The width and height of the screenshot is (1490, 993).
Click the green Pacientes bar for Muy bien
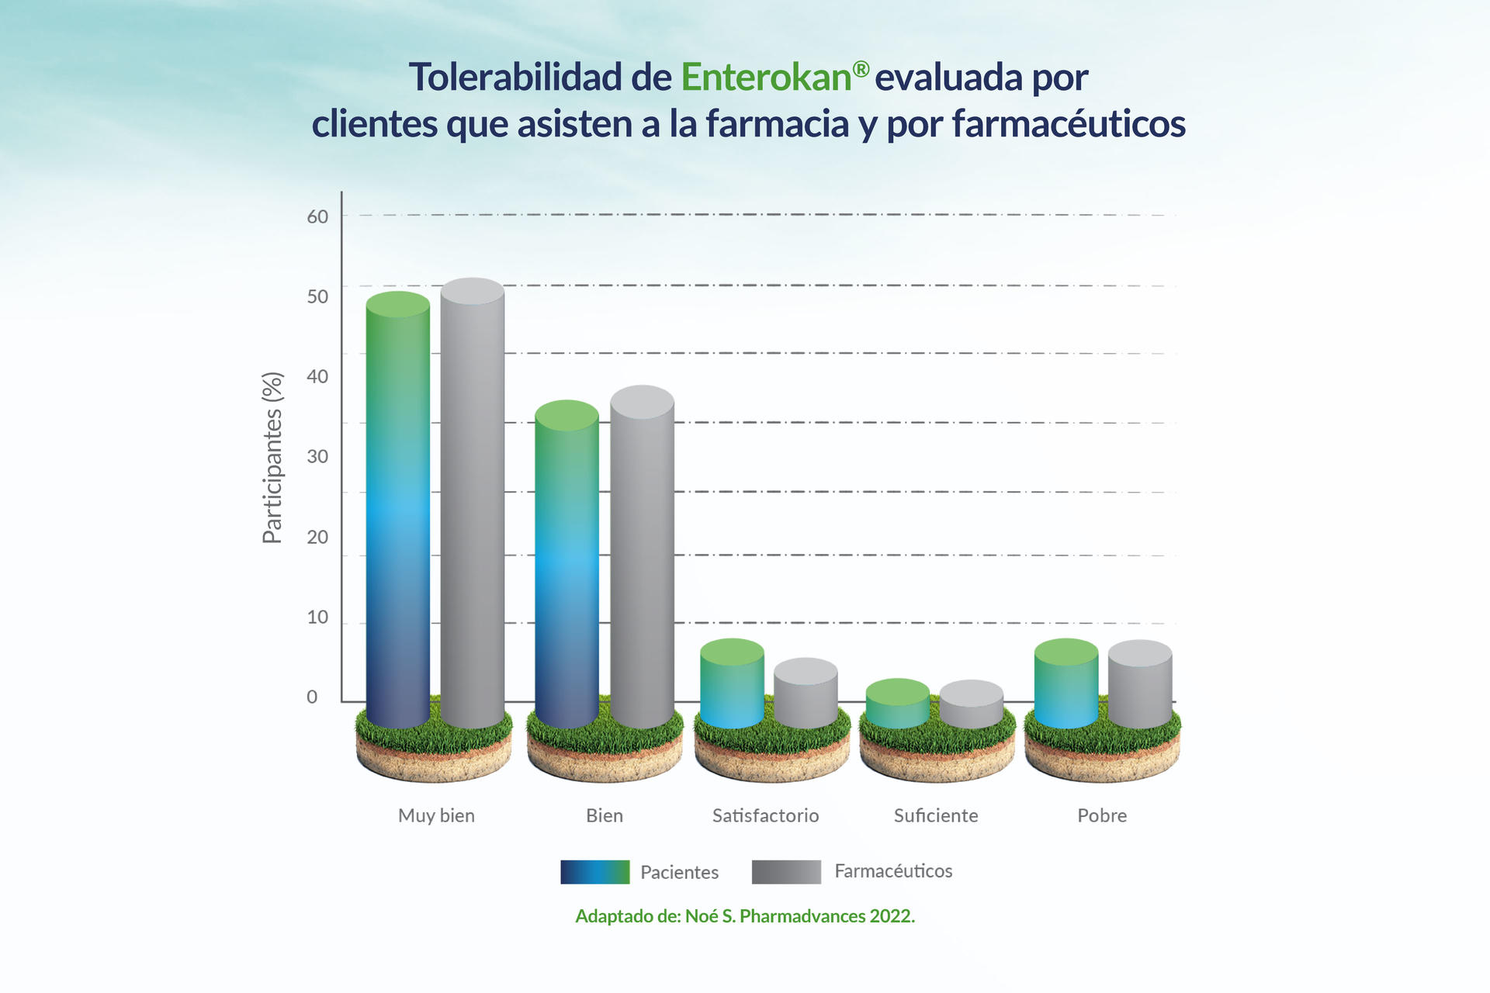[397, 512]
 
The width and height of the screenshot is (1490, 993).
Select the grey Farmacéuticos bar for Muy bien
[472, 504]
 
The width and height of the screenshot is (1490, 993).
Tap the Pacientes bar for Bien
[567, 566]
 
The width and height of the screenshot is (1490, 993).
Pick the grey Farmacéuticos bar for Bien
[642, 559]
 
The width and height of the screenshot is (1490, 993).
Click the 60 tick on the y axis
[317, 216]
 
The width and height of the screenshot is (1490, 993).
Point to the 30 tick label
[317, 456]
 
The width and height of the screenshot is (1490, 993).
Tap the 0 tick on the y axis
[312, 697]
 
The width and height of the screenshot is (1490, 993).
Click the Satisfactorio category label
[765, 815]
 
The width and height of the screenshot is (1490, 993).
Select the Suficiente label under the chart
[935, 815]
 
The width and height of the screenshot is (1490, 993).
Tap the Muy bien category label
[436, 815]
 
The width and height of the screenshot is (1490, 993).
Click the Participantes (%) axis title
[272, 458]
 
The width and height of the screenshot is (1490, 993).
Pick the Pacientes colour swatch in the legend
[594, 872]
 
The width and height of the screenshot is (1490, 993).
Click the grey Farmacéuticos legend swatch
[785, 872]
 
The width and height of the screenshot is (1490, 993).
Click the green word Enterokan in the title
[766, 78]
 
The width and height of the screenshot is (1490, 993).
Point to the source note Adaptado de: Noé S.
[745, 916]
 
